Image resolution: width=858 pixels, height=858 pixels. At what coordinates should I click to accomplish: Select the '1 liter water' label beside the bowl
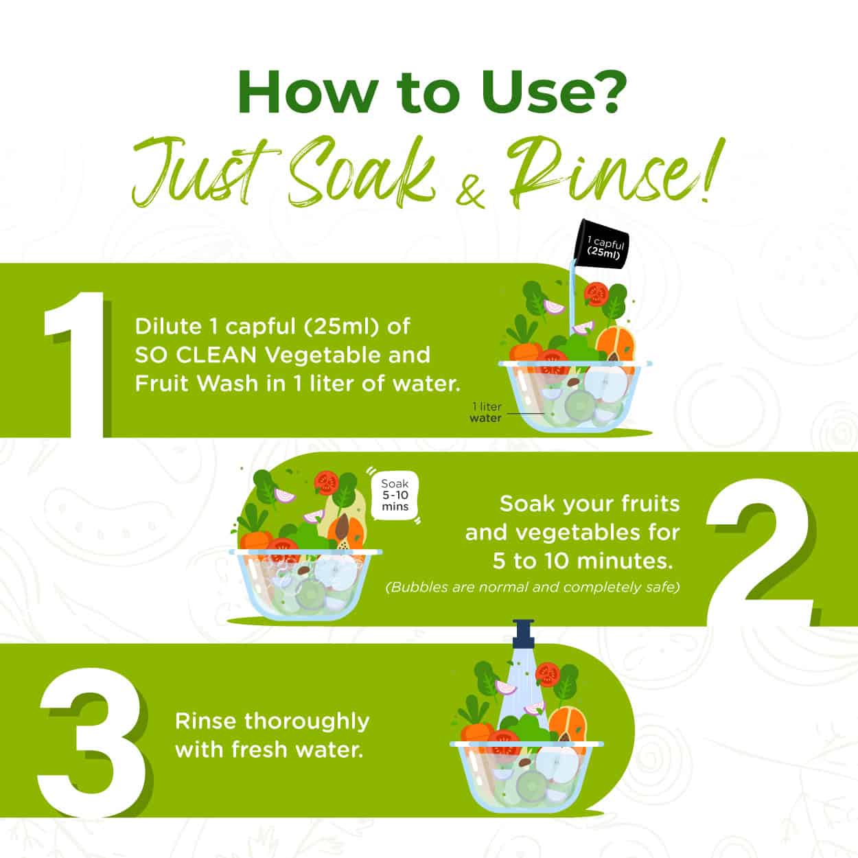[x=486, y=412]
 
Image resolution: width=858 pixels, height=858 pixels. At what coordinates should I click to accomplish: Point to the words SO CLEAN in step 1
[x=196, y=355]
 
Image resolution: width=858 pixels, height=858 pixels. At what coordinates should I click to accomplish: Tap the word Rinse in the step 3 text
[x=205, y=721]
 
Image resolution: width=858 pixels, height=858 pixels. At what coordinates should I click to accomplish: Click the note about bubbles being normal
[x=533, y=588]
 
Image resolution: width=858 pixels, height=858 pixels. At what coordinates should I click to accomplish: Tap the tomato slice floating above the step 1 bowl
[x=596, y=294]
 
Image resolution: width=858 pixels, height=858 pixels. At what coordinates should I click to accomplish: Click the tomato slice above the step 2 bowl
[x=326, y=483]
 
